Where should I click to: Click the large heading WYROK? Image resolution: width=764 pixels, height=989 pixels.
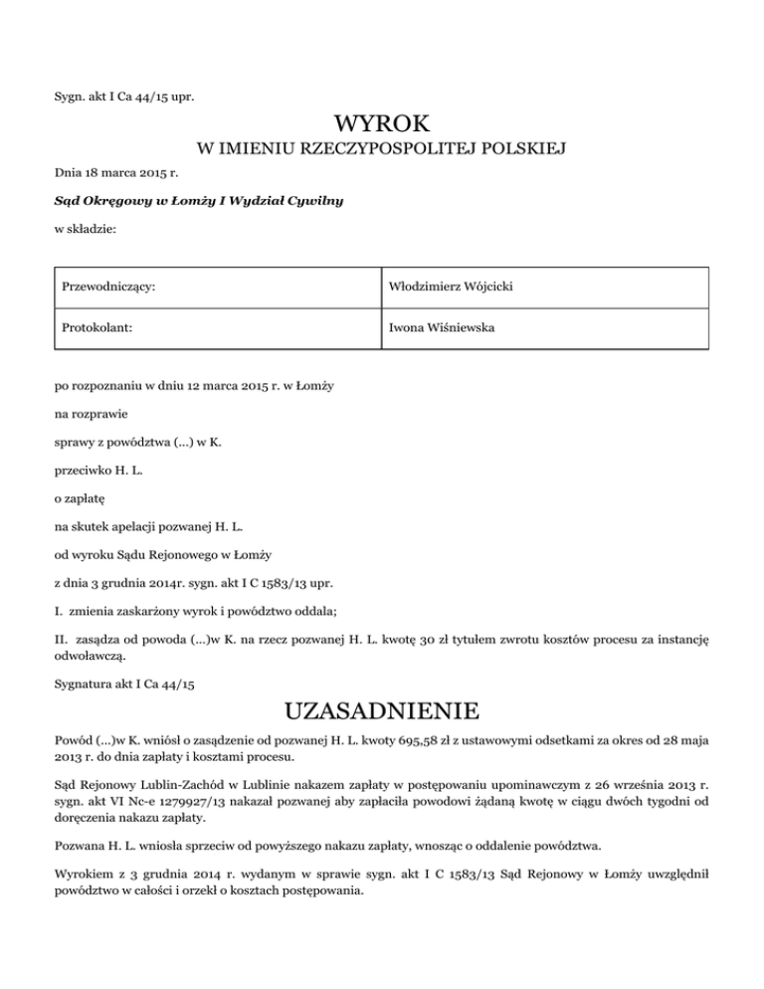pos(382,125)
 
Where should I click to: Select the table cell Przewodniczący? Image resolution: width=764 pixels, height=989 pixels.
pos(110,288)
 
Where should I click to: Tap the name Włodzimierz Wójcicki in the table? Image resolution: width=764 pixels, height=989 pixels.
pos(455,288)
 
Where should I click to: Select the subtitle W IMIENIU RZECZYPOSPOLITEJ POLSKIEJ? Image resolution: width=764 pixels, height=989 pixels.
pos(382,151)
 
